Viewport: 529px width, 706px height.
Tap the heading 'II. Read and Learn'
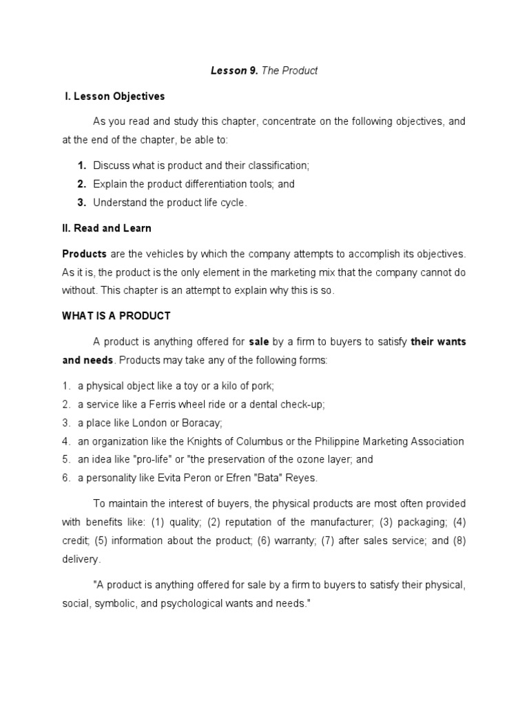click(107, 228)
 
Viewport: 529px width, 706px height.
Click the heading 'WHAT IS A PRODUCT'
click(116, 316)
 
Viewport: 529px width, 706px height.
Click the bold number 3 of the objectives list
click(81, 203)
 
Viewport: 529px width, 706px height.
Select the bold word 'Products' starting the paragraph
click(84, 254)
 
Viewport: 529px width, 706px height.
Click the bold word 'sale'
click(259, 342)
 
